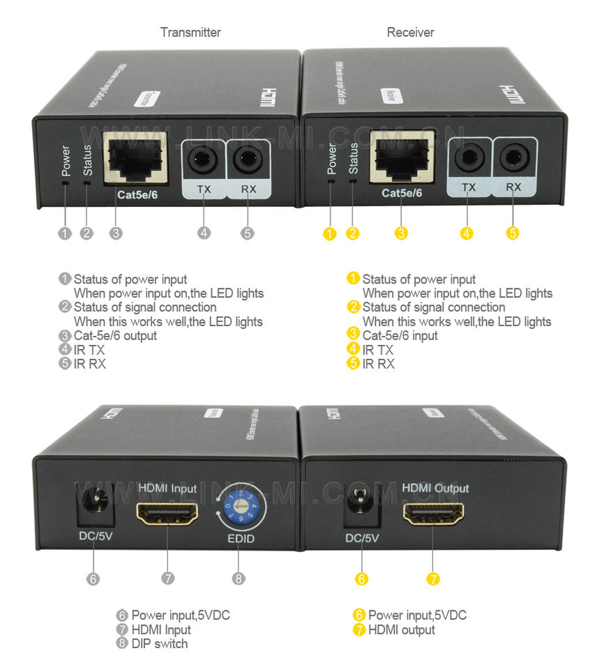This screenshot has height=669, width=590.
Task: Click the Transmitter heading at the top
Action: [x=190, y=32]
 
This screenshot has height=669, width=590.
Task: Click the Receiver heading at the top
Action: [x=410, y=32]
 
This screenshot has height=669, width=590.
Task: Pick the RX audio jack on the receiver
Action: [x=515, y=157]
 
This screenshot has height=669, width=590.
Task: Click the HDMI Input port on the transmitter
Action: [x=167, y=514]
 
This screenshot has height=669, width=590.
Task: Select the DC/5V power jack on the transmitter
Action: [x=92, y=505]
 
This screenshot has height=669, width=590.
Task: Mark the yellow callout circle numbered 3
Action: [x=401, y=233]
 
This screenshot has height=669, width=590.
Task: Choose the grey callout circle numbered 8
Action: [x=239, y=578]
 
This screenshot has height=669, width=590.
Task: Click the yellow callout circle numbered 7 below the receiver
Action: [x=433, y=578]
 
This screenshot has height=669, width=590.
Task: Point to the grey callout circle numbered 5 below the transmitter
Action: [x=248, y=233]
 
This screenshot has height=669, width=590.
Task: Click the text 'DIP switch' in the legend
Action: [x=159, y=643]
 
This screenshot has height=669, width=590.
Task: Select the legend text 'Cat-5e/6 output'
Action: [x=115, y=335]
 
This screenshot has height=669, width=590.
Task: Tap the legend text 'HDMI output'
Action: [x=401, y=629]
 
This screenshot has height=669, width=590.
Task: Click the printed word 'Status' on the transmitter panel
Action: [x=87, y=160]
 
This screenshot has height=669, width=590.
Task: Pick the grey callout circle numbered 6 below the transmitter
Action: [x=93, y=578]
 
